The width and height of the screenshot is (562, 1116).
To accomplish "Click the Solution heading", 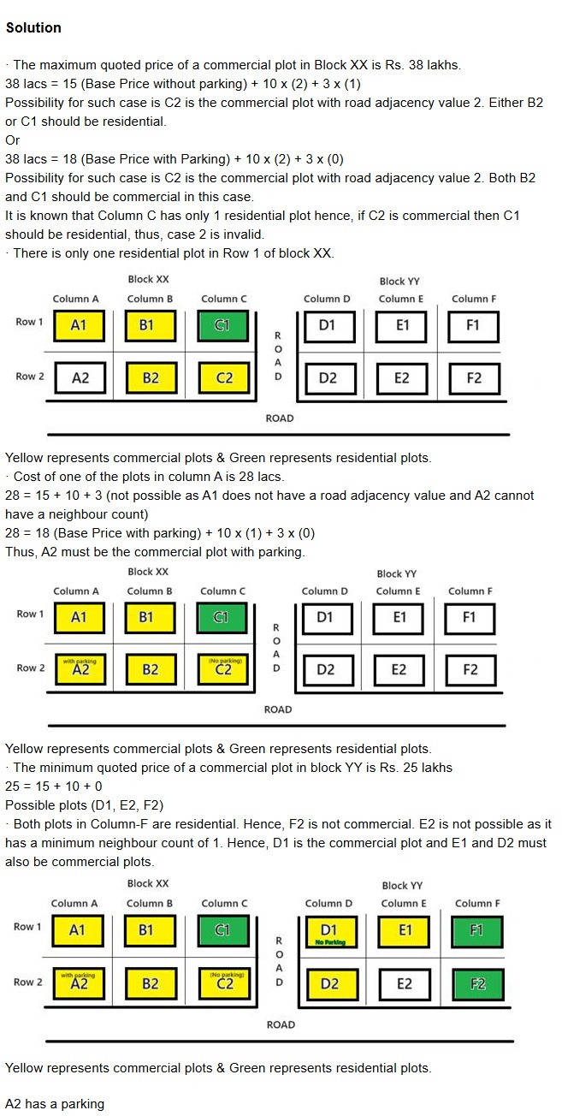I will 33,27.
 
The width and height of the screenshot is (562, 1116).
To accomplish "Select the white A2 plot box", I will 80,378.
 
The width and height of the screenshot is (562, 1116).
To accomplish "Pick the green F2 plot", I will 477,983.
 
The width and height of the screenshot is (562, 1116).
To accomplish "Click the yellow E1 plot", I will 405,930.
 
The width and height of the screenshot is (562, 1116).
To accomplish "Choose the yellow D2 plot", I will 329,983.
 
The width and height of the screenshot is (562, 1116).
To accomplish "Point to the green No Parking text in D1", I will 329,942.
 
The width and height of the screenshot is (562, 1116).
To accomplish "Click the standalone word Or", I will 13,140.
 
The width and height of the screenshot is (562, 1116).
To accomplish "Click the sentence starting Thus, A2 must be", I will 154,552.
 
